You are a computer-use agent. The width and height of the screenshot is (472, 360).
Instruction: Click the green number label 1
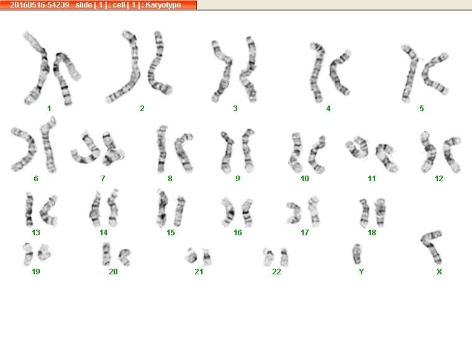tap(49, 108)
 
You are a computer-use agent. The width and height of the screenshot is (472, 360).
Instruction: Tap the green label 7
tap(103, 179)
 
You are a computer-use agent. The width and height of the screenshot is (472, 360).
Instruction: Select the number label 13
tap(36, 233)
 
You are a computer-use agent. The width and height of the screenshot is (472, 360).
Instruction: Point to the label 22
tap(276, 272)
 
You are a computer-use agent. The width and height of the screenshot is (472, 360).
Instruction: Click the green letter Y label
tap(361, 272)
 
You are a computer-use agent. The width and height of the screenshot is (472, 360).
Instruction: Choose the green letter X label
tap(439, 272)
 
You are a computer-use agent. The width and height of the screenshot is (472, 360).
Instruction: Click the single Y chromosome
tap(357, 254)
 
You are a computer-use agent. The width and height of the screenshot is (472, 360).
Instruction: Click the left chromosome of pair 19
tap(28, 254)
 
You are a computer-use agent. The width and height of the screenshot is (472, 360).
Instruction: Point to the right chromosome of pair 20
tap(124, 257)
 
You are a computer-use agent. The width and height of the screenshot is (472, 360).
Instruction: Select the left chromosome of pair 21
tap(191, 256)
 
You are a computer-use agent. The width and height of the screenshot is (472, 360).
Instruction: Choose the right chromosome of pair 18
tap(381, 213)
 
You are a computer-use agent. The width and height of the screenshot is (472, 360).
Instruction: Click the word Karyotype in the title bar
tap(163, 5)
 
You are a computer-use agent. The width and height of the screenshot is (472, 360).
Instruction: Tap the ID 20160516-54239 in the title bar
tap(40, 5)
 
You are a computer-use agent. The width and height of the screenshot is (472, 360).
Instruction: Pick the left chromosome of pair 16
tap(229, 212)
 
